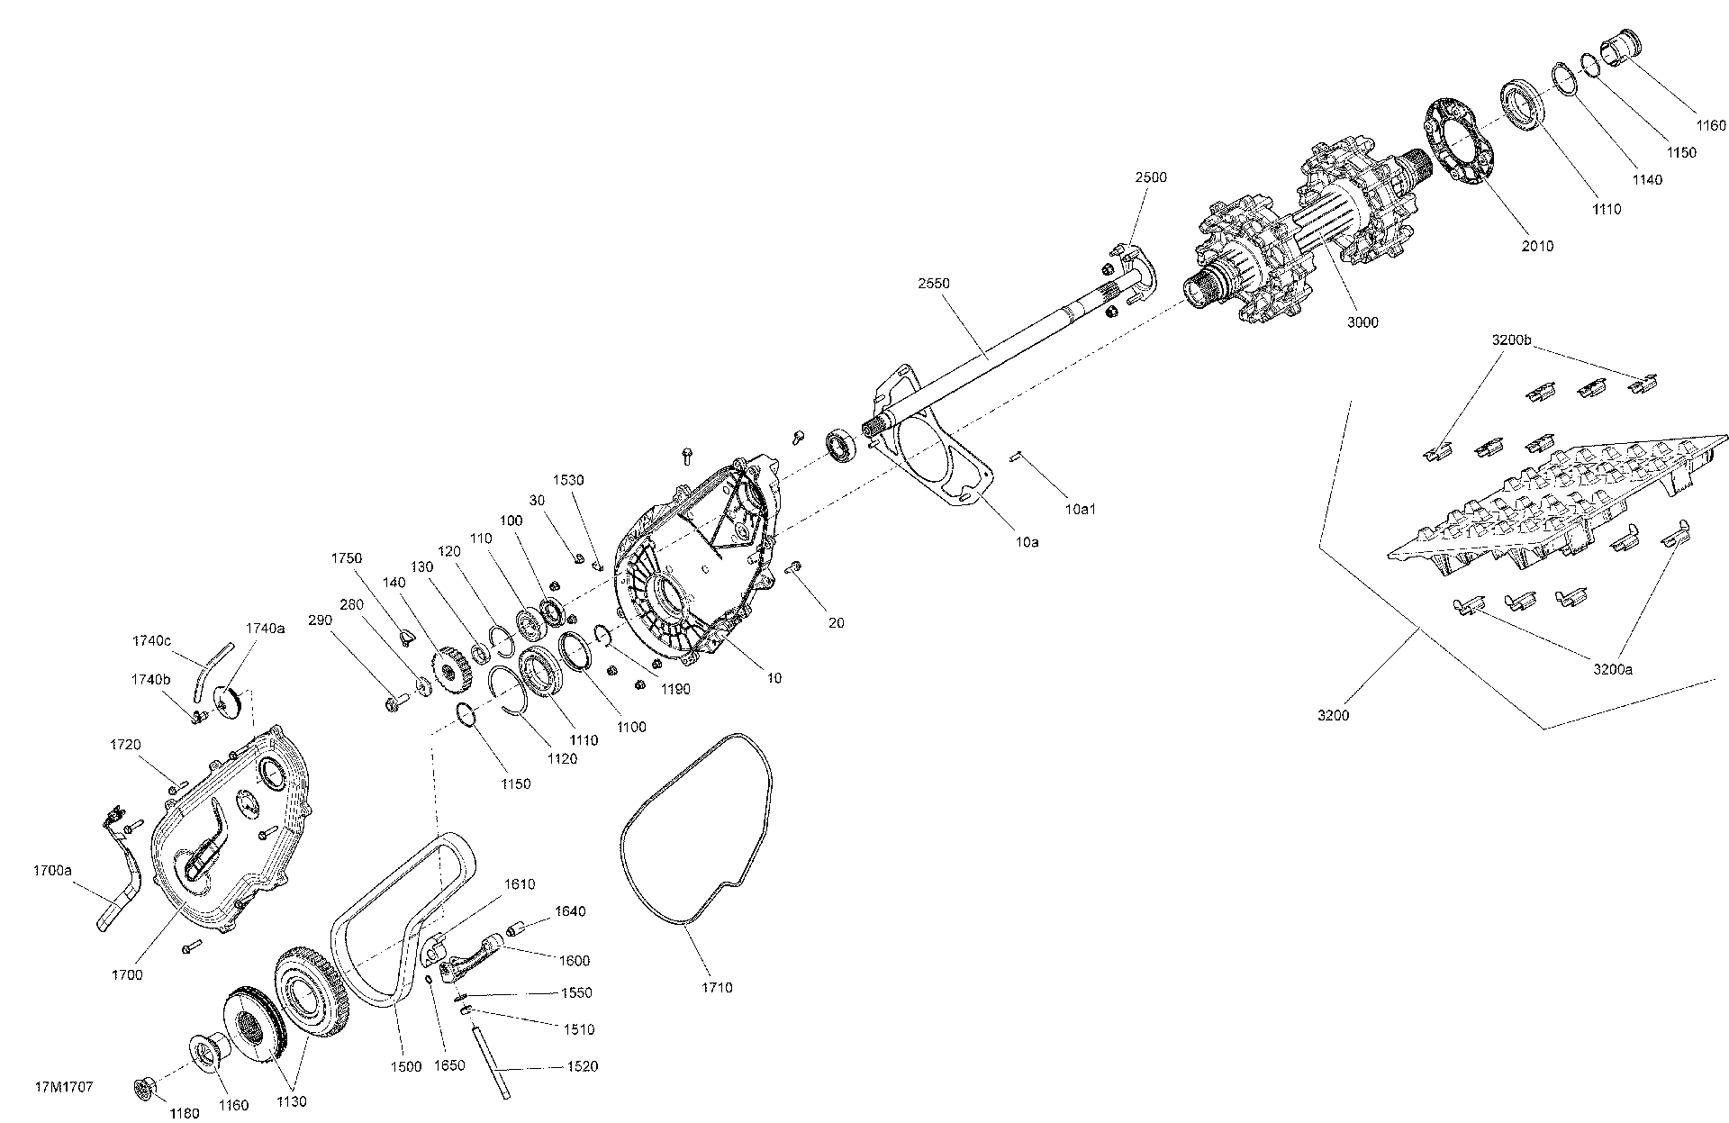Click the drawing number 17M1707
point(64,1087)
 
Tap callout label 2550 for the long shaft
point(934,283)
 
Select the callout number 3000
point(1362,322)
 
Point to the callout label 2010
point(1536,246)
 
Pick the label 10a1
point(1080,510)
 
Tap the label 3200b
point(1511,340)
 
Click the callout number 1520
point(584,1067)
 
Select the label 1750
point(347,558)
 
